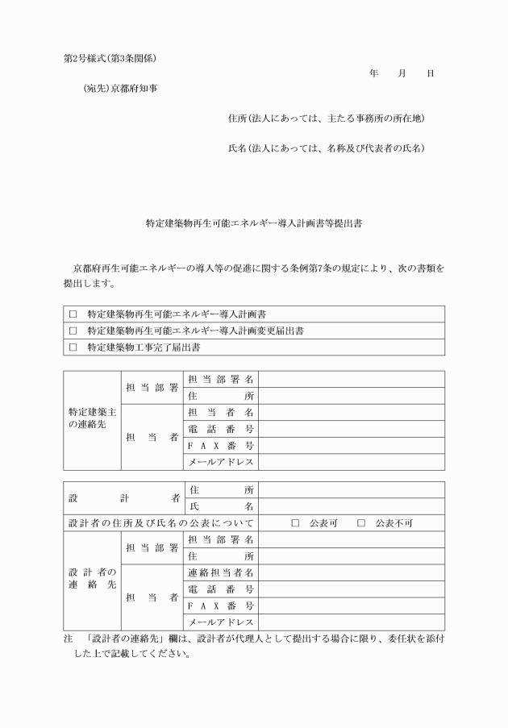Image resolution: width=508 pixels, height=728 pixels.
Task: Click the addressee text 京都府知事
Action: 135,88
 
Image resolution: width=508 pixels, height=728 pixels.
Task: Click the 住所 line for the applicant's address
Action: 327,119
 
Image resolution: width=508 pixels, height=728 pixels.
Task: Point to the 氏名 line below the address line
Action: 327,148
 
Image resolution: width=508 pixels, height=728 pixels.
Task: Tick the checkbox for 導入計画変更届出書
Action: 73,331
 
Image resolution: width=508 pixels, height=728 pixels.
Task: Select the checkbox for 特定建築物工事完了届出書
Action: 73,347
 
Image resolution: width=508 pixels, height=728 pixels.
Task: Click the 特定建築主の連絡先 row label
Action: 92,420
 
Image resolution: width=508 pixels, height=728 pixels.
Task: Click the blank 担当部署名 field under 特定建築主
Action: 351,379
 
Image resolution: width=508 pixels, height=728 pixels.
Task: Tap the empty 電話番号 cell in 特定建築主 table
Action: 351,429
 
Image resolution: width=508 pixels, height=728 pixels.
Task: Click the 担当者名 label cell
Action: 221,412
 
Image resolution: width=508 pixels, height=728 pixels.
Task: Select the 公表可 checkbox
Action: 295,522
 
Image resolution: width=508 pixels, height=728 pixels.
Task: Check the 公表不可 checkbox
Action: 361,522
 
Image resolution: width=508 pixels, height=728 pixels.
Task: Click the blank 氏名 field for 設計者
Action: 351,506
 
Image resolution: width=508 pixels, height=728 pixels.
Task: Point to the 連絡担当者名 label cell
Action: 221,572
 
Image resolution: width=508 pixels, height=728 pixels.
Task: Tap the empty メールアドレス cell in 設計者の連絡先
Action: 351,622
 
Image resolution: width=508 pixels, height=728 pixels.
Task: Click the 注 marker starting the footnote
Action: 68,638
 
